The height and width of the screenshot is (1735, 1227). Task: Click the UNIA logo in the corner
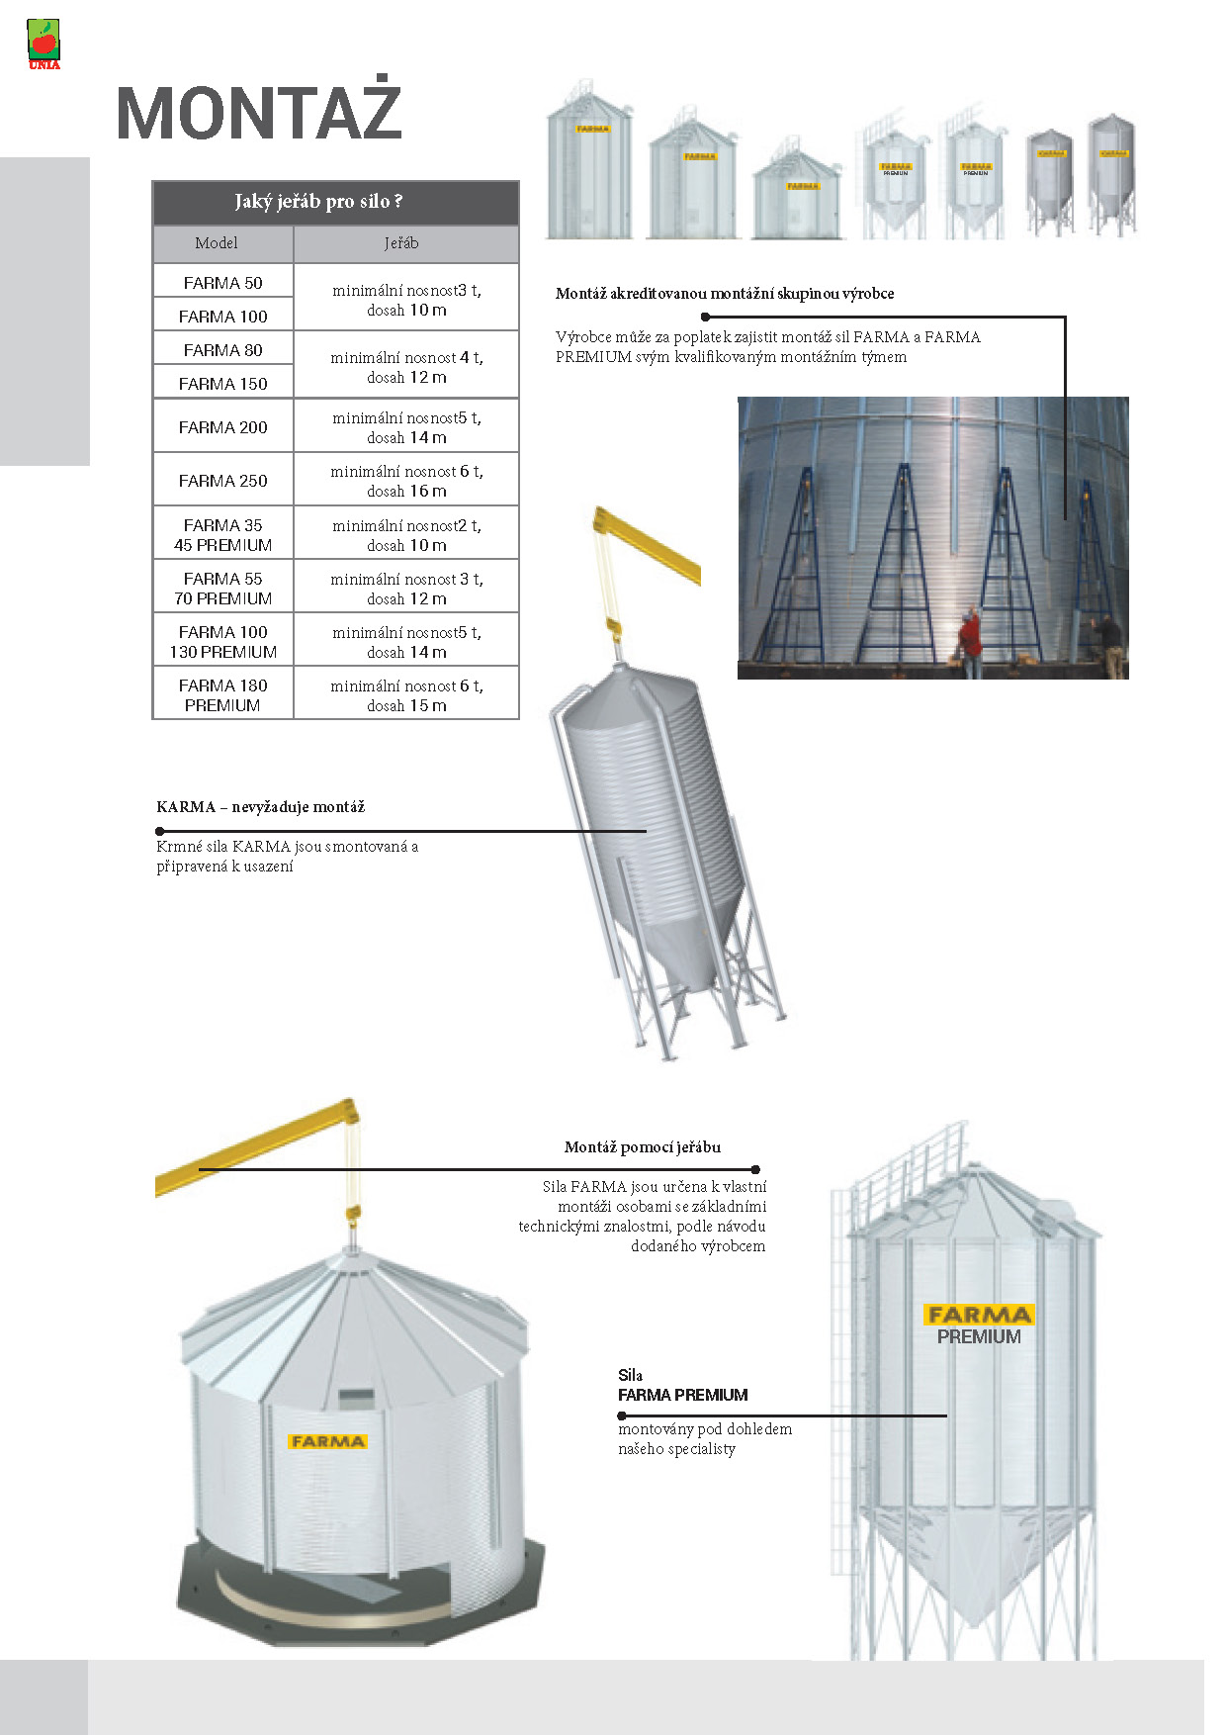click(44, 45)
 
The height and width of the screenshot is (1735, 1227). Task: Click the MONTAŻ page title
click(259, 113)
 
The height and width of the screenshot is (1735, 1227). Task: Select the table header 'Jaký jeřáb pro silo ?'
click(318, 202)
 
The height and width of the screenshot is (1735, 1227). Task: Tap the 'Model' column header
click(217, 243)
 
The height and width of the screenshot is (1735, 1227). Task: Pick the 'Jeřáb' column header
click(401, 243)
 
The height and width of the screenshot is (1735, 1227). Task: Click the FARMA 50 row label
click(222, 283)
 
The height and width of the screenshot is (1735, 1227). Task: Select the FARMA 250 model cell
click(222, 481)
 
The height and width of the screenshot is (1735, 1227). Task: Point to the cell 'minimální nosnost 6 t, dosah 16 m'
click(406, 481)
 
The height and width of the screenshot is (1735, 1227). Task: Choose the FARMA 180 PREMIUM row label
click(222, 695)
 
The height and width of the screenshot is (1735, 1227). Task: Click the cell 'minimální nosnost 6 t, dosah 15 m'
click(406, 695)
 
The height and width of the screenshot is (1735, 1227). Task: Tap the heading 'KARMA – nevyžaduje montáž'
click(261, 807)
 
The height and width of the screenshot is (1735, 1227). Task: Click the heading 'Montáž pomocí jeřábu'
click(643, 1147)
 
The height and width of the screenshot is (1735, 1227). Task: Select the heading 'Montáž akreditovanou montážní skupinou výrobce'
click(725, 294)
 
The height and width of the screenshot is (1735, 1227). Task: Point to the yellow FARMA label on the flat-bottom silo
click(328, 1441)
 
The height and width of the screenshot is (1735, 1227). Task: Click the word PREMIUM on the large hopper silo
click(979, 1337)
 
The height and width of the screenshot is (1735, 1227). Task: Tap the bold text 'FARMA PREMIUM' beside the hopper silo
click(683, 1396)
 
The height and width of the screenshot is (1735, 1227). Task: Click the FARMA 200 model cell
click(222, 427)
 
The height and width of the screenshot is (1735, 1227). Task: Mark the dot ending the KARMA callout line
click(160, 832)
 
